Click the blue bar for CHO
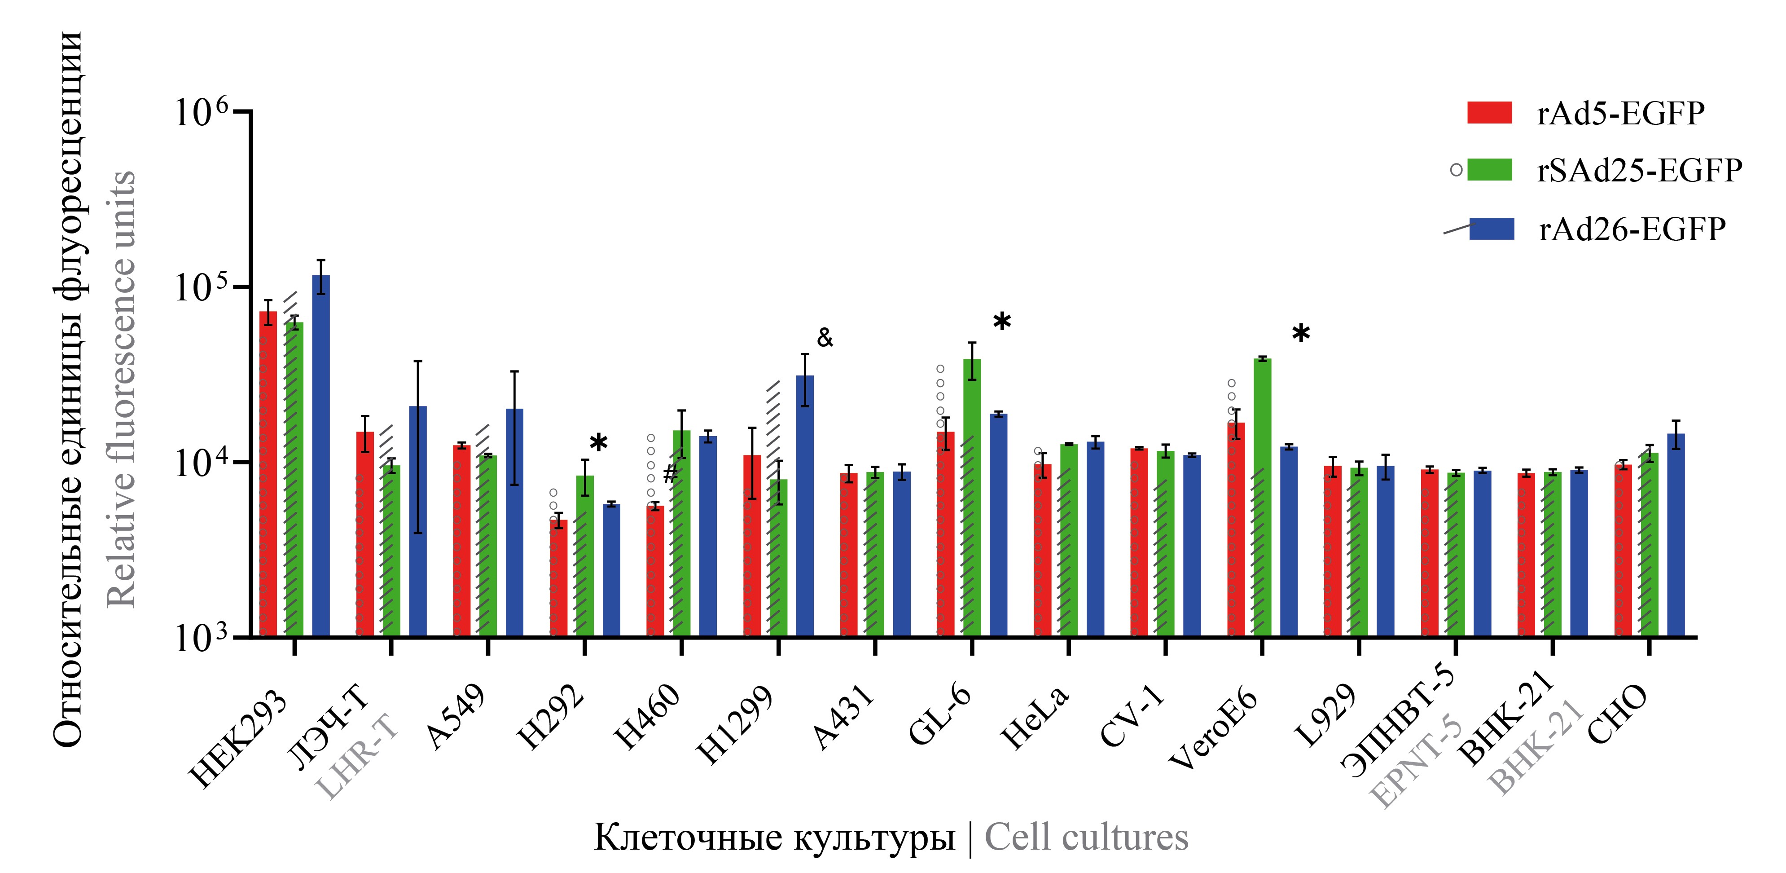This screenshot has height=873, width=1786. (1676, 534)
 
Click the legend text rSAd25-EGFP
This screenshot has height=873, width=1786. (1639, 171)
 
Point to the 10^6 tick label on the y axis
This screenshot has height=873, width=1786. (201, 112)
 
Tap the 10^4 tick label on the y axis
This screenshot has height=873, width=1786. (201, 463)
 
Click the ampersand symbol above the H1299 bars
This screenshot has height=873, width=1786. (825, 338)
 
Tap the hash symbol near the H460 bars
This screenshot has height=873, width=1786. (670, 474)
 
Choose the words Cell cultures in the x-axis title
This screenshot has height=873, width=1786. (1086, 837)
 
